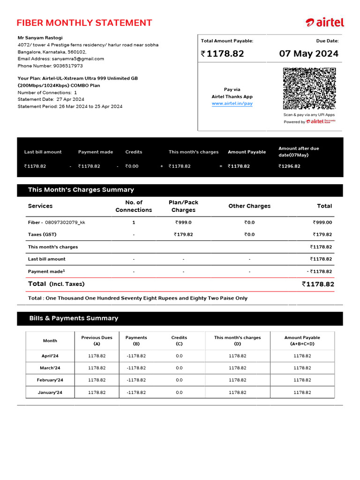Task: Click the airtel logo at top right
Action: click(325, 22)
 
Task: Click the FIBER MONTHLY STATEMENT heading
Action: click(84, 23)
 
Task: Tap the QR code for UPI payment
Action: click(309, 89)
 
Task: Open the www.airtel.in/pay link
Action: click(232, 103)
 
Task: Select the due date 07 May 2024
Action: click(308, 53)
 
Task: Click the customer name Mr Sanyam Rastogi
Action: click(40, 37)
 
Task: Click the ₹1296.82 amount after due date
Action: click(289, 166)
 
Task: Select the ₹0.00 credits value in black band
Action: click(132, 166)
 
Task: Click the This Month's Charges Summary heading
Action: click(81, 190)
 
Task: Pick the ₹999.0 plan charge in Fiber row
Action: click(183, 223)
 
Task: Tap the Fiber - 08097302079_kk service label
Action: click(56, 223)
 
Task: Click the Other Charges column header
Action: click(249, 206)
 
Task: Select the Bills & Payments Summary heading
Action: click(74, 318)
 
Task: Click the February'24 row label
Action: click(50, 380)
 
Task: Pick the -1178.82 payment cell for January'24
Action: click(136, 392)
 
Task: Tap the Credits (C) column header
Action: click(179, 340)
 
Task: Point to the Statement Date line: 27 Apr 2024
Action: click(51, 99)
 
